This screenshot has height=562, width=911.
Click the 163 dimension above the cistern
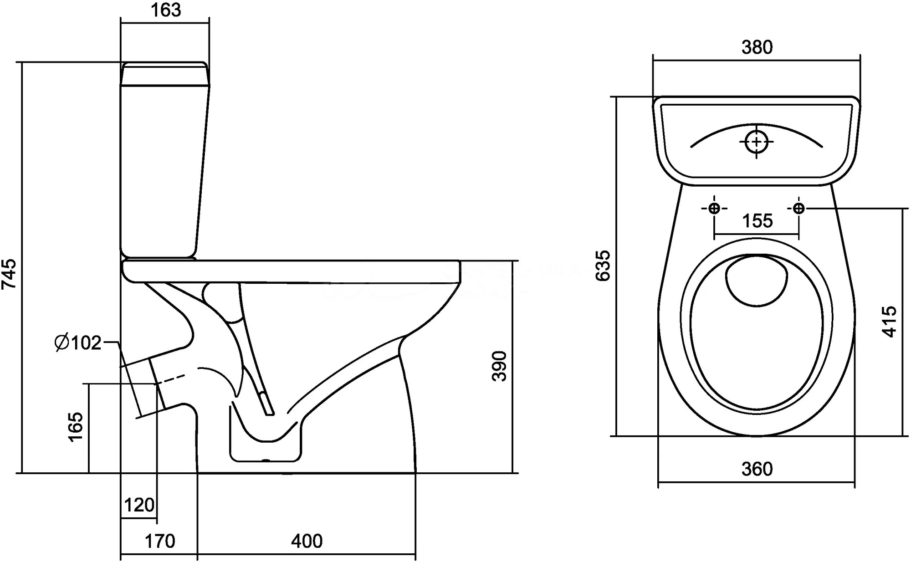[x=166, y=10]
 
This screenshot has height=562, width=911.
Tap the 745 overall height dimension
[x=10, y=273]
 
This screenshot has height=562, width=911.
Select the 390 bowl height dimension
[x=500, y=366]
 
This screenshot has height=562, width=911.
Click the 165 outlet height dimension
[x=76, y=426]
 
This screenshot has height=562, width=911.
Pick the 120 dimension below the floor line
[x=139, y=505]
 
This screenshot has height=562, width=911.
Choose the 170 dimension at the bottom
[x=159, y=541]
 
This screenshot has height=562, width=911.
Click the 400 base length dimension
[x=307, y=541]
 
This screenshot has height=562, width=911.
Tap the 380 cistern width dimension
[x=757, y=47]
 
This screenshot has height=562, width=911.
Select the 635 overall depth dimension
[x=604, y=266]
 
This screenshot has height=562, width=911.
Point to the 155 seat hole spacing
[x=757, y=221]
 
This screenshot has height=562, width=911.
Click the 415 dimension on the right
[x=889, y=322]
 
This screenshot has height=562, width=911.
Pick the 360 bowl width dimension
[x=757, y=469]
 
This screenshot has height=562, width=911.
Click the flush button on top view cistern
[x=757, y=142]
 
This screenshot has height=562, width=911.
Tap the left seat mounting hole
[x=714, y=209]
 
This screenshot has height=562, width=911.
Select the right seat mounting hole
[x=798, y=209]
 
